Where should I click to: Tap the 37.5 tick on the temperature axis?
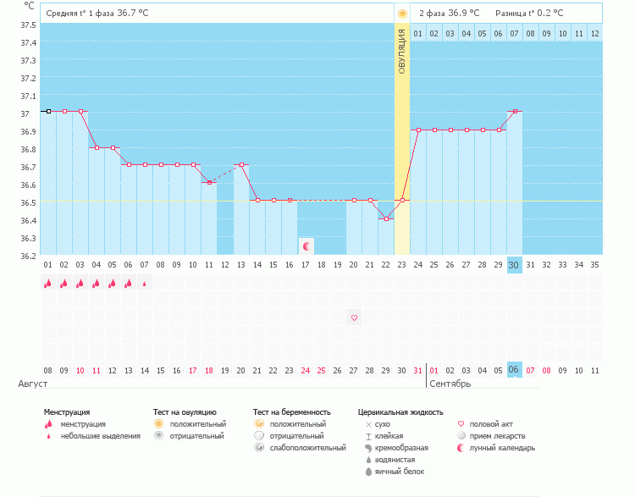pos(28,25)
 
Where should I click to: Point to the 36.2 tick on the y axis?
pos(28,256)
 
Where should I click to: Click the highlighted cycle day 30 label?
pos(514,265)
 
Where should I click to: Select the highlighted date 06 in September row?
pos(514,370)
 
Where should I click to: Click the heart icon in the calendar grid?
pos(354,318)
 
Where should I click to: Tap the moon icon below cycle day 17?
pos(306,246)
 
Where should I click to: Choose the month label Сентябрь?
pos(450,384)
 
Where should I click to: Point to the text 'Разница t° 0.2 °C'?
pos(529,13)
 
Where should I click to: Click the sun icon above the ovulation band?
pos(402,14)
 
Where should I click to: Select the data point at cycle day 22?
pos(386,218)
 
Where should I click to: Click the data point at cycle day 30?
pos(514,111)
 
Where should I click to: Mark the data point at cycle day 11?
pos(209,182)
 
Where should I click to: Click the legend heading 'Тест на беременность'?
pos(291,411)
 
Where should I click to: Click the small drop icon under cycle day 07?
pos(145,284)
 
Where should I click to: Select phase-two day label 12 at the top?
pos(594,33)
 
